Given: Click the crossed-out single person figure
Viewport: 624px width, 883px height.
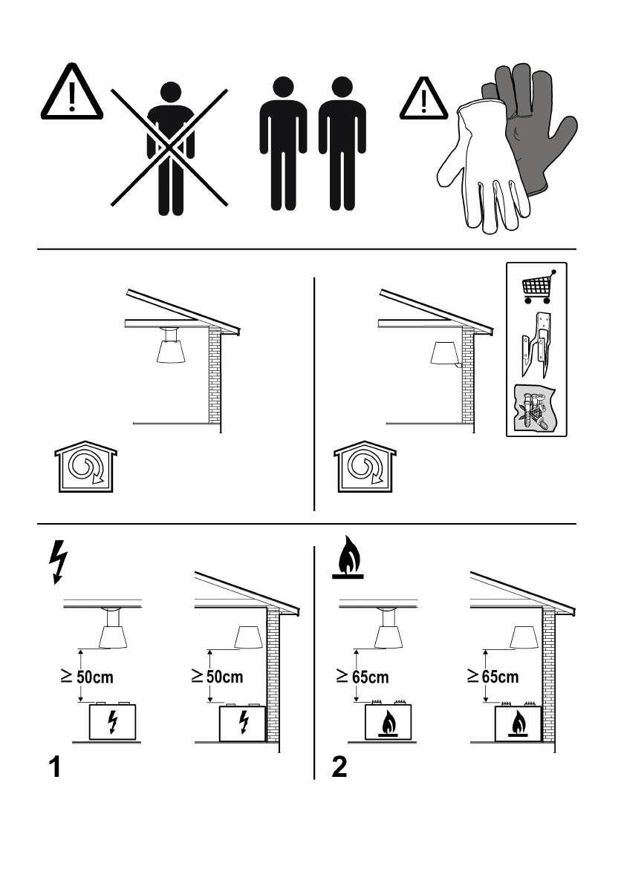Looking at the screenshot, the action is pos(170,148).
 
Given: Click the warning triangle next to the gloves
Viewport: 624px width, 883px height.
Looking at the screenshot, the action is pos(423,99).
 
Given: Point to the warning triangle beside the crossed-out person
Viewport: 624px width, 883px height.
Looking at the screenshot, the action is pos(71,92).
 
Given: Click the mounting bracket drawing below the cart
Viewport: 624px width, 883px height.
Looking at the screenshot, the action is pos(536,344).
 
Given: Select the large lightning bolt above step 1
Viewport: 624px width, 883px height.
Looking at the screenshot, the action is pos(58,562).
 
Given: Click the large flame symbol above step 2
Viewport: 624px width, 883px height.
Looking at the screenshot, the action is pos(348,557).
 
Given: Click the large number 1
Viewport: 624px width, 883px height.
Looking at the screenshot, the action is pos(55,767).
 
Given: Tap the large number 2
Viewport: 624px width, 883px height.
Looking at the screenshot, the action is pos(339,767).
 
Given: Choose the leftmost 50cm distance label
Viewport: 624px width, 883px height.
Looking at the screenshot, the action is pos(88,676).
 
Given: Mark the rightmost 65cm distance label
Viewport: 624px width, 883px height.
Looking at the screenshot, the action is pos(493,676).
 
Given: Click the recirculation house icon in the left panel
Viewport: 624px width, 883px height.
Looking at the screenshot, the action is pos(85,467).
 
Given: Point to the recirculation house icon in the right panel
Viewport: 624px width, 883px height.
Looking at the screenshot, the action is pos(365,467).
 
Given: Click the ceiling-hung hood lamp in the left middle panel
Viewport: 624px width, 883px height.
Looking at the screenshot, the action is pos(169,345).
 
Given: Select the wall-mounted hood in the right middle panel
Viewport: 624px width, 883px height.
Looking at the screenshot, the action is pos(445,354).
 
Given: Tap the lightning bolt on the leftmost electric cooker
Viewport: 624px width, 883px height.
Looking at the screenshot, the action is pos(113,723).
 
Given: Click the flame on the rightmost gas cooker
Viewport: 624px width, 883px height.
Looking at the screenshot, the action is pos(519,724).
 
